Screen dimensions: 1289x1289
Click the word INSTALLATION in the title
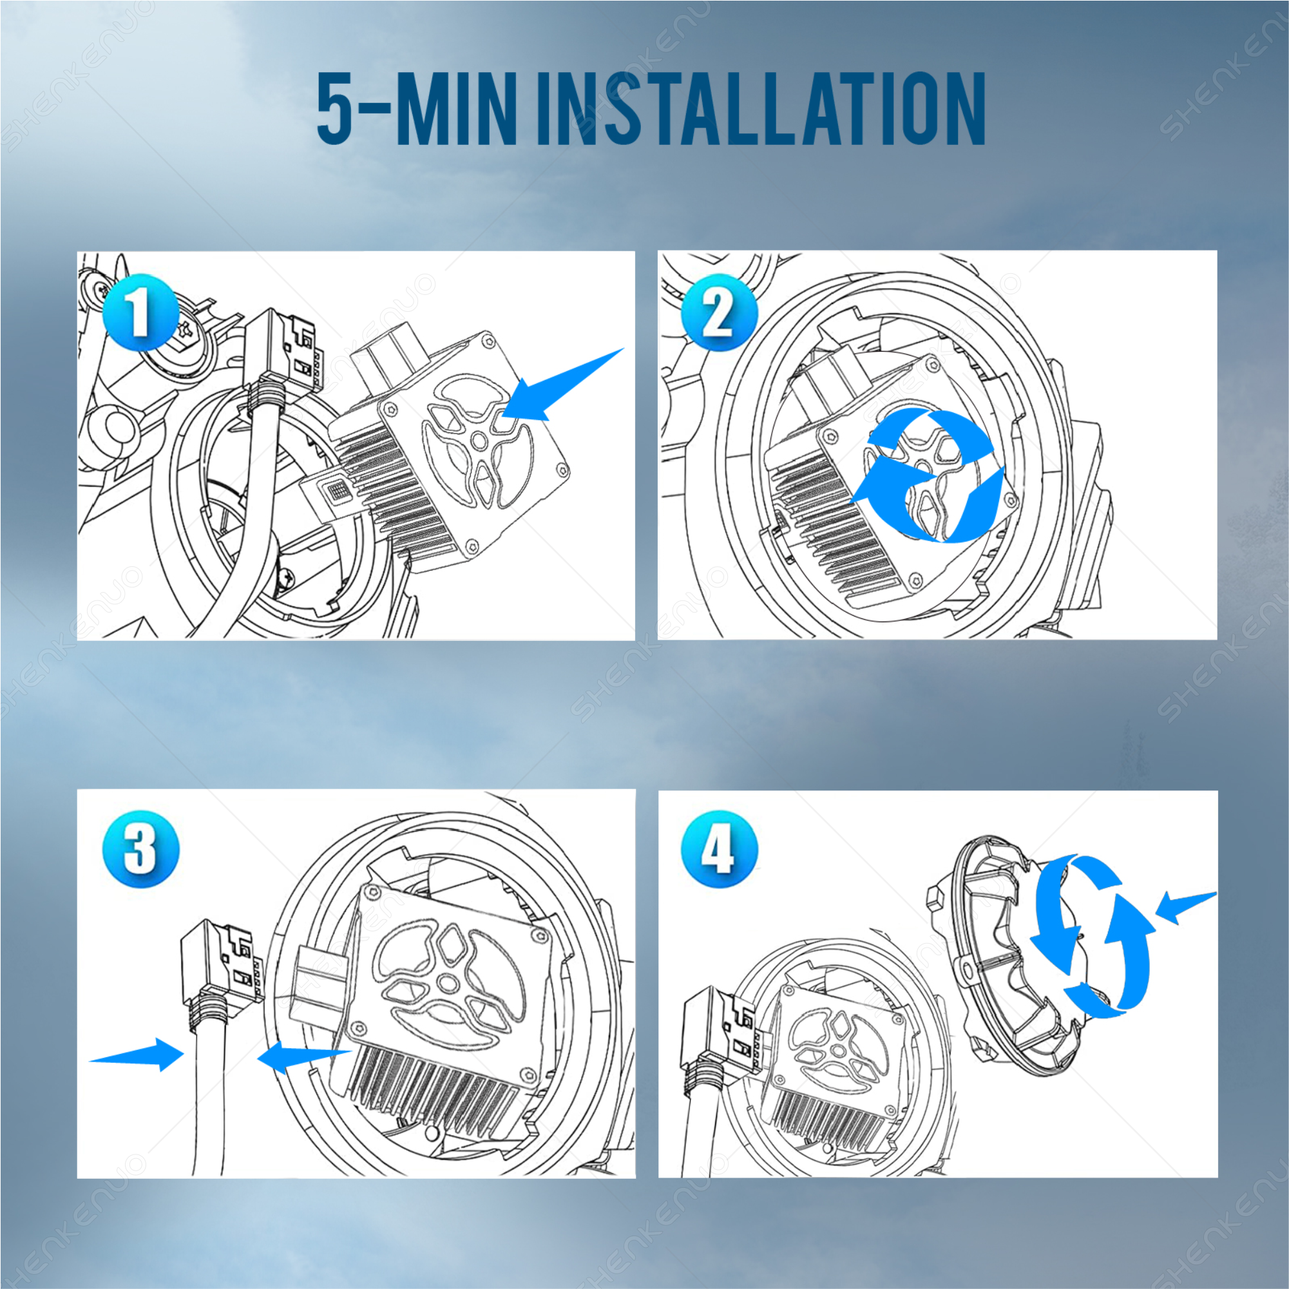pyautogui.click(x=761, y=108)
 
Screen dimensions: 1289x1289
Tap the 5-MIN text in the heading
pyautogui.click(x=417, y=108)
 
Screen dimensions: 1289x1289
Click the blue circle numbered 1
pyautogui.click(x=140, y=312)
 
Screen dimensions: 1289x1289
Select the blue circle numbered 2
pyautogui.click(x=718, y=312)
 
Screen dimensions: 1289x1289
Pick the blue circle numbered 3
pyautogui.click(x=140, y=849)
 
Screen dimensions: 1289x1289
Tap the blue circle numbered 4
pyautogui.click(x=718, y=849)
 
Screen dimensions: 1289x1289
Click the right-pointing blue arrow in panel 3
pyautogui.click(x=137, y=1054)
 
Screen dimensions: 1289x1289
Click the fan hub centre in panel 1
pyautogui.click(x=479, y=441)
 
